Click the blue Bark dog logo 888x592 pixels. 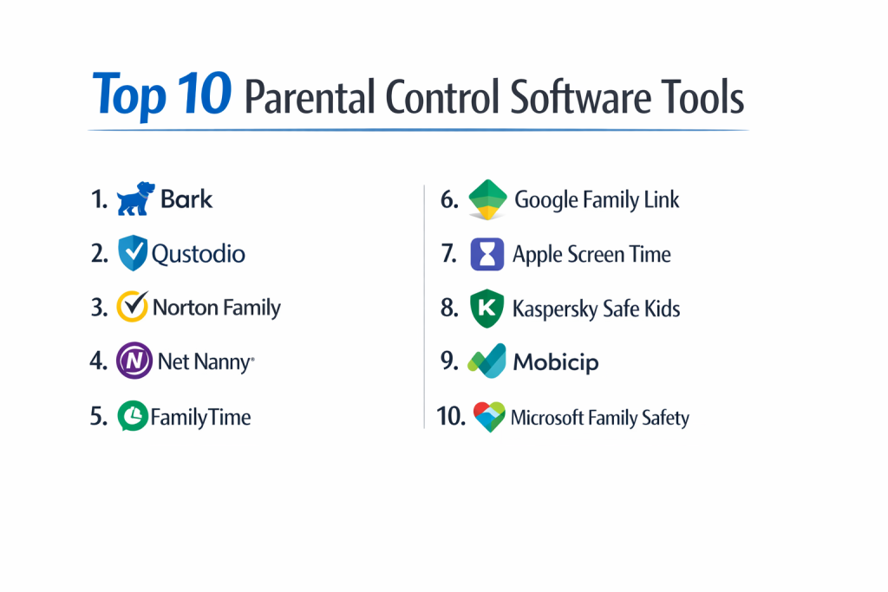(136, 198)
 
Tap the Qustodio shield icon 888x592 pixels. (133, 253)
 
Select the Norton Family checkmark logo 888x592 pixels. (133, 306)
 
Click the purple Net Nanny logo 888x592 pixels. (134, 361)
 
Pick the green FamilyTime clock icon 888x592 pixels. (133, 416)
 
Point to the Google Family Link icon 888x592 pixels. (487, 199)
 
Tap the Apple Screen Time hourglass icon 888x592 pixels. (487, 254)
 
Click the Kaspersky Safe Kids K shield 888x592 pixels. (486, 309)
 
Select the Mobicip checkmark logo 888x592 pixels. (486, 361)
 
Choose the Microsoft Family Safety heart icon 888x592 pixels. (489, 417)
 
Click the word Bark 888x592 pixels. (186, 199)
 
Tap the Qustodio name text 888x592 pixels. (199, 254)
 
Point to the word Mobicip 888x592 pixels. (556, 362)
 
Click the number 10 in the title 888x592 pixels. (204, 94)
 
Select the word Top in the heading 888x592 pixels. (129, 95)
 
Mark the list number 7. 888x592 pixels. (449, 254)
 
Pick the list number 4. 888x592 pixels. (99, 361)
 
